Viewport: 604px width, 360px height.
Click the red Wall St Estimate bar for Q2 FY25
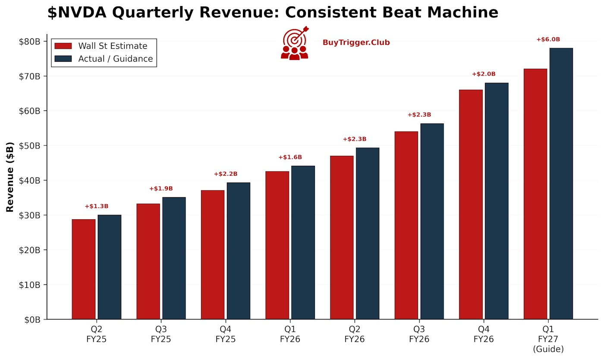coord(84,269)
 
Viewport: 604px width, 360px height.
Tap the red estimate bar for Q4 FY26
coord(471,205)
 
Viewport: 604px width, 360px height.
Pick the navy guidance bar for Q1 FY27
coord(561,184)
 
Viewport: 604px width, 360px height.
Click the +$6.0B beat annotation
coord(548,40)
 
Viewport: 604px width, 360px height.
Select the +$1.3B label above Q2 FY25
coord(96,206)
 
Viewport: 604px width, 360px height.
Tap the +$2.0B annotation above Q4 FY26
coord(484,74)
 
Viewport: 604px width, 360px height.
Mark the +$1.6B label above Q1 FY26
coord(290,157)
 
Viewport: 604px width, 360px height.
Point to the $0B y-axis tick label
coord(32,319)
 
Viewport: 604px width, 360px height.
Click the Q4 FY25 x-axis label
coord(225,335)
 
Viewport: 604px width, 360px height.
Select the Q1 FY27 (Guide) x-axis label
coord(548,339)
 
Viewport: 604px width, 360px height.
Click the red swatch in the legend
coord(63,46)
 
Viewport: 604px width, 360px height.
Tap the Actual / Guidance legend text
coord(115,59)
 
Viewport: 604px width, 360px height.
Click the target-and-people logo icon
coord(295,43)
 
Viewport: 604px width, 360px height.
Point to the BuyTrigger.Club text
coord(356,43)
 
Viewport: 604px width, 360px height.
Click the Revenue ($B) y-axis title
coord(10,177)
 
